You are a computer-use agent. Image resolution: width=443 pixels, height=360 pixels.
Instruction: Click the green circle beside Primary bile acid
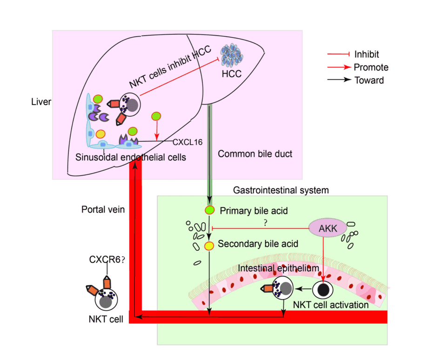tap(209, 210)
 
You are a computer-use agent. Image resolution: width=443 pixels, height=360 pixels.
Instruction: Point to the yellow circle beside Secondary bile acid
tap(209, 245)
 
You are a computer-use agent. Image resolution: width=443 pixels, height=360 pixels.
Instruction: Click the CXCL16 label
tap(188, 142)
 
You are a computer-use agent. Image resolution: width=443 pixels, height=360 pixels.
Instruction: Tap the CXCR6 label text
tap(105, 260)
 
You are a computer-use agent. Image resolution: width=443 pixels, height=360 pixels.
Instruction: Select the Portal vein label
tap(103, 209)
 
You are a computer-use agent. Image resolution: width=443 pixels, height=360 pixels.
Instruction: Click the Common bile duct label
tap(255, 153)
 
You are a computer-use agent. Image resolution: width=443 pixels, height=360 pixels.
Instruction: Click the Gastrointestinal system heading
tap(281, 190)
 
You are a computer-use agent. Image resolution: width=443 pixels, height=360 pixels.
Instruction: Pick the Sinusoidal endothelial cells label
tap(131, 157)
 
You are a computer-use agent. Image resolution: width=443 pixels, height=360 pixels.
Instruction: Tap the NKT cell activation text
tap(331, 305)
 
